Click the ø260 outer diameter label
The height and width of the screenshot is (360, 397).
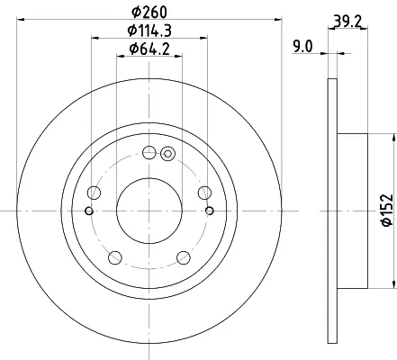(x=149, y=12)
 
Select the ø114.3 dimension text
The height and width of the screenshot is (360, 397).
(x=149, y=31)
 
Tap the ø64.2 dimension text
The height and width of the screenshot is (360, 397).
(x=149, y=49)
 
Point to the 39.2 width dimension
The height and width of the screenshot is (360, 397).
(x=348, y=21)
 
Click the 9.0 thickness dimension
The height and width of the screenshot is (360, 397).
(x=302, y=47)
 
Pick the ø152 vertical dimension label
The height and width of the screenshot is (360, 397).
(x=386, y=211)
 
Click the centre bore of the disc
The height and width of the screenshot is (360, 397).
(x=149, y=211)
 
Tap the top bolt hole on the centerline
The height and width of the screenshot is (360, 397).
(x=149, y=153)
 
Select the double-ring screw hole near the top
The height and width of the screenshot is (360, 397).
(x=167, y=154)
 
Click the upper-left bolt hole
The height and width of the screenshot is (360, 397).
(x=94, y=193)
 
